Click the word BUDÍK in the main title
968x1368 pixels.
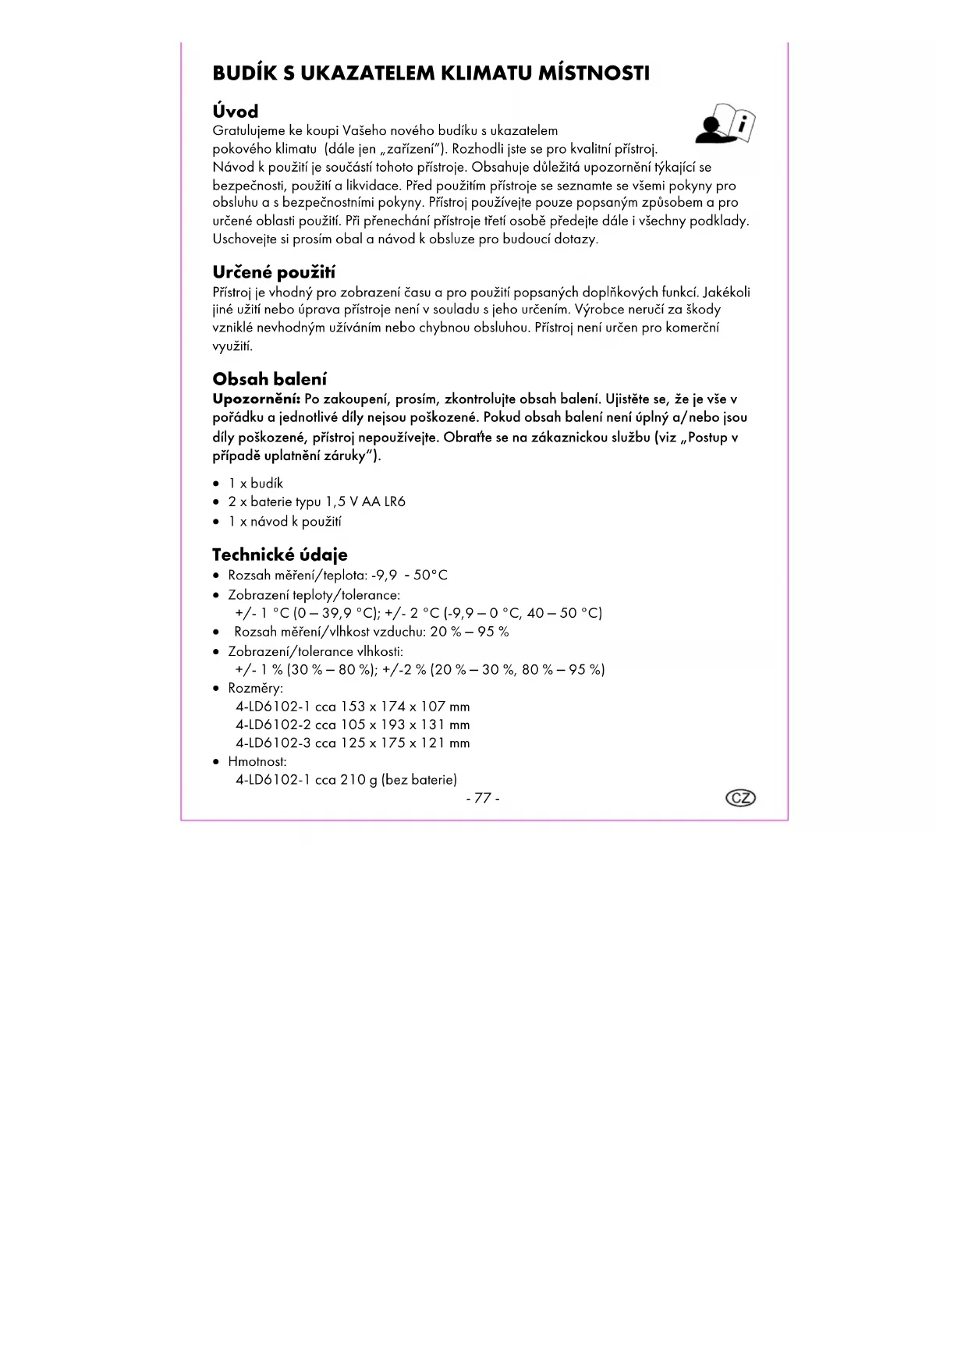tap(245, 73)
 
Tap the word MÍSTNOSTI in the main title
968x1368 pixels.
tap(594, 73)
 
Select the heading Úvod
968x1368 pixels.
tap(235, 112)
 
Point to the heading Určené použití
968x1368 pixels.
tap(274, 272)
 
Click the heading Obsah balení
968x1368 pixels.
tap(269, 379)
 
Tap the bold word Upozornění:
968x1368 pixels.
tap(257, 399)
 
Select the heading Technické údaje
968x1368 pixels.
tap(279, 555)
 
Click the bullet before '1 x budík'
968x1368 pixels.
tap(217, 484)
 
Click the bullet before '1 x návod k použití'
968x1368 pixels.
tap(217, 523)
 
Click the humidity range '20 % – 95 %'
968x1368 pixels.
tap(470, 632)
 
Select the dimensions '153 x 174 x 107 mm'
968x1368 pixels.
tap(405, 707)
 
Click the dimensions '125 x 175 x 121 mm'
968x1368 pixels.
tap(405, 743)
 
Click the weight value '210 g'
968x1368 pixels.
tap(359, 780)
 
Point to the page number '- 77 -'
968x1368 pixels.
tap(483, 798)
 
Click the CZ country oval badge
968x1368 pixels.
tap(740, 798)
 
